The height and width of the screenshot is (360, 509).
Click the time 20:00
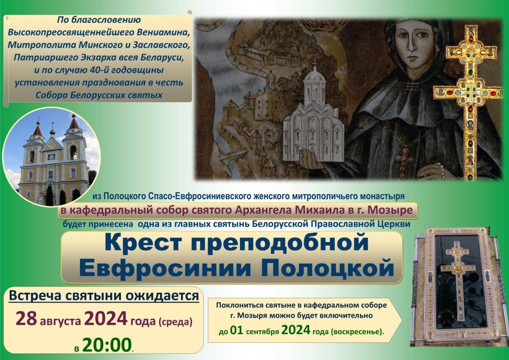coord(107,345)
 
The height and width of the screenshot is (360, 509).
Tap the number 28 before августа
coord(26,319)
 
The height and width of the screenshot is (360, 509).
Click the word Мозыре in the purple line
coord(390,210)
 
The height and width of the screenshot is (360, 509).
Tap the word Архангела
coord(263,210)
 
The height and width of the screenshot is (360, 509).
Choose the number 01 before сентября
coord(237,330)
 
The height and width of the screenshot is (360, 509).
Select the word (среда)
coord(176,321)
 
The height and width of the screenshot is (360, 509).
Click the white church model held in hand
coord(313,113)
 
